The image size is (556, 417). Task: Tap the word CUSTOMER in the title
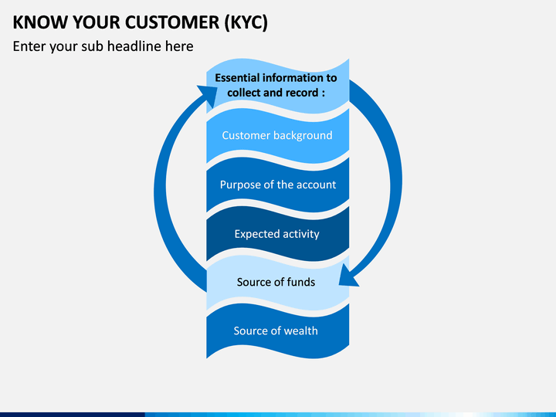172,22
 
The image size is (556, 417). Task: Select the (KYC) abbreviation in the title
246,22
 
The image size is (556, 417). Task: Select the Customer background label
277,135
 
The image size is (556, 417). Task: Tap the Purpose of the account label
278,185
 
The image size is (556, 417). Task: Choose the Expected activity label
277,234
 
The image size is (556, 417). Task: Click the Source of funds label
276,282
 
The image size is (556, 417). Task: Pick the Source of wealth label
276,331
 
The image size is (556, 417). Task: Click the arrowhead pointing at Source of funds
349,275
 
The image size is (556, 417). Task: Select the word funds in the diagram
300,282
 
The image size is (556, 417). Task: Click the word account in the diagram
316,185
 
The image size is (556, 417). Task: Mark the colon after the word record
323,93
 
